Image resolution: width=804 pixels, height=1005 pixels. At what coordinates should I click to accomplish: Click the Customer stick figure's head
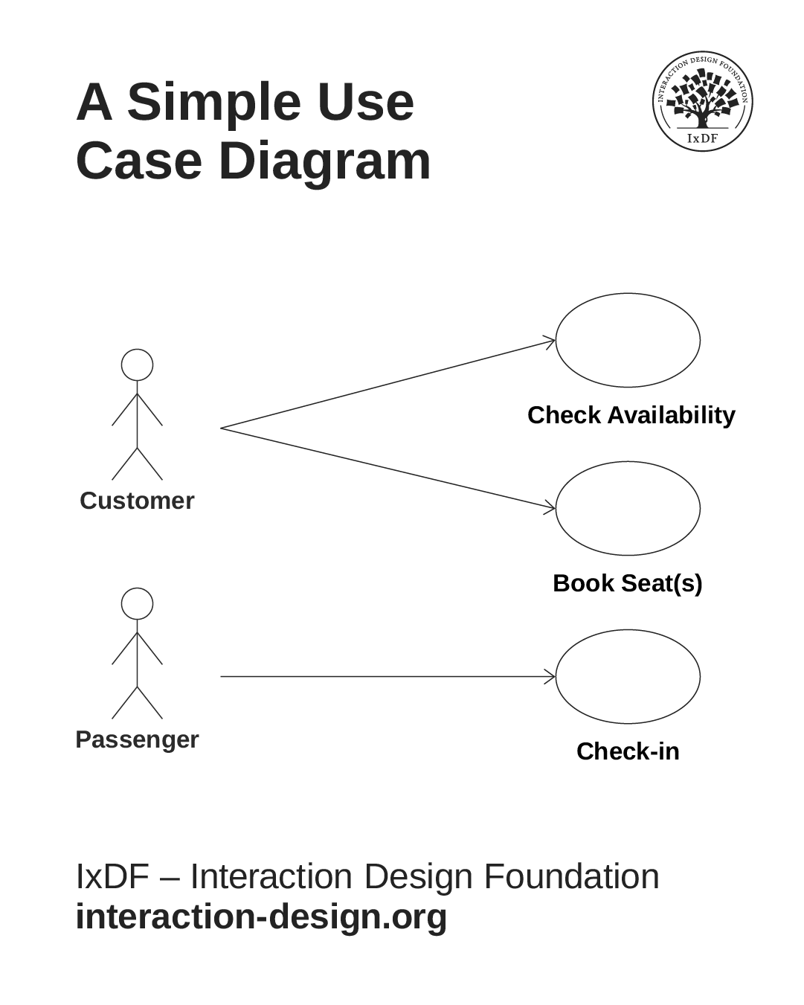coord(138,365)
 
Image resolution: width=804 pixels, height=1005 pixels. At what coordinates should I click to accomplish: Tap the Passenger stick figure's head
coord(138,603)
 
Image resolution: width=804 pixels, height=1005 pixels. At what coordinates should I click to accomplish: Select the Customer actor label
coord(137,501)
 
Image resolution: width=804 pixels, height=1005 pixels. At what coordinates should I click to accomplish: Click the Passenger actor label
coord(137,739)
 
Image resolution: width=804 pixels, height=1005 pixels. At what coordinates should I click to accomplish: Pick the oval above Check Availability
coord(628,340)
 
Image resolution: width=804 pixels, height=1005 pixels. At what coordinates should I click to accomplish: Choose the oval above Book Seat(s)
coord(628,508)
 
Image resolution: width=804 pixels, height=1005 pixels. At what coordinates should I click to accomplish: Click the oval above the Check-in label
coord(628,676)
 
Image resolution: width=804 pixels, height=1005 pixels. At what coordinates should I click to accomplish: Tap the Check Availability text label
coord(631,415)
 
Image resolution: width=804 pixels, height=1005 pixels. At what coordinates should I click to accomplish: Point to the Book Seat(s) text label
coord(627,583)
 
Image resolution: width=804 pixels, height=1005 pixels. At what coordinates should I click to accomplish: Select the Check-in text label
coord(628,751)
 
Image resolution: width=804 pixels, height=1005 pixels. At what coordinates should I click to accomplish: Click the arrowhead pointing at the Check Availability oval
coord(551,341)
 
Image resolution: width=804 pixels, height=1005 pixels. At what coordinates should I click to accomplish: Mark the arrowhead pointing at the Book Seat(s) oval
coord(551,507)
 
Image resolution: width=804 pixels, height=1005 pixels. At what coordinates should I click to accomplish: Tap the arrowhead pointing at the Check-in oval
coord(551,676)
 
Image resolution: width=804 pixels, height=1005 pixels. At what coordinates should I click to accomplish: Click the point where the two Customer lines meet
coord(222,428)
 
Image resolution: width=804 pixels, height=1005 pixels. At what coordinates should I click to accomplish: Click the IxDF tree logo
coord(702,101)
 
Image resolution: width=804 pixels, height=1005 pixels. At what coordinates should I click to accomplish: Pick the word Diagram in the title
coord(324,161)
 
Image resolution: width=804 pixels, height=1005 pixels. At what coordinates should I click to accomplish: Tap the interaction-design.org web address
coord(261,916)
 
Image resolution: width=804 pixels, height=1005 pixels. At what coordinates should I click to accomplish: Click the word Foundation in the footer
coord(571,876)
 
